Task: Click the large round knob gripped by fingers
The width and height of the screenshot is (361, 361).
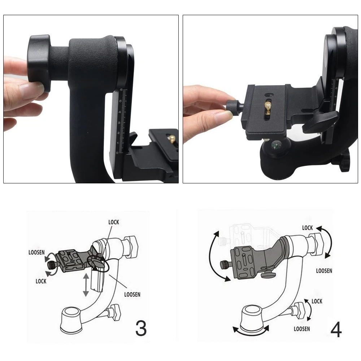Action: [x=39, y=63]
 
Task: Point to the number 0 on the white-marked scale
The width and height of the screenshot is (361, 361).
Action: [x=117, y=153]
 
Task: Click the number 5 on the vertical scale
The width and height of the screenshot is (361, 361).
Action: [x=120, y=101]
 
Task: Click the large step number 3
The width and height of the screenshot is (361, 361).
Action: [x=141, y=328]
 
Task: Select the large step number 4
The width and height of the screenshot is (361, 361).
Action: [x=336, y=330]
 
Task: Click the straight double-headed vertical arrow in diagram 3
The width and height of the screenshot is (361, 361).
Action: [x=86, y=284]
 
